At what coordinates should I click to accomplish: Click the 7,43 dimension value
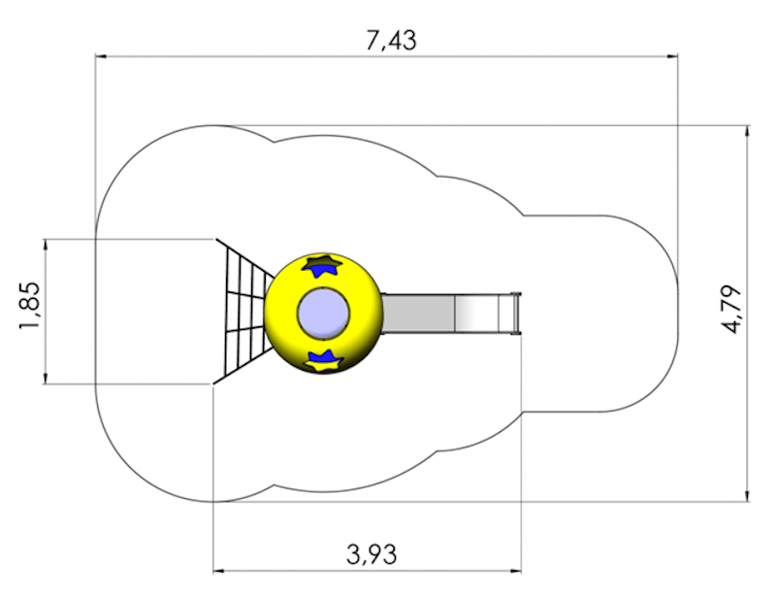click(391, 40)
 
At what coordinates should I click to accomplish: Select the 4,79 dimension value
click(732, 310)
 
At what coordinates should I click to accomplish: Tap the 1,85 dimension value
click(29, 306)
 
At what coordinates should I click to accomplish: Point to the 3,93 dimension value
click(372, 554)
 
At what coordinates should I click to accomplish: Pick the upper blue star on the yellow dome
click(323, 265)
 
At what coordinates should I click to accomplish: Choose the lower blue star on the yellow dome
click(324, 360)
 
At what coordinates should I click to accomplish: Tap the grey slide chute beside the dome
click(450, 314)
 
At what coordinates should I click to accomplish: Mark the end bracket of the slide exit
click(516, 314)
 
